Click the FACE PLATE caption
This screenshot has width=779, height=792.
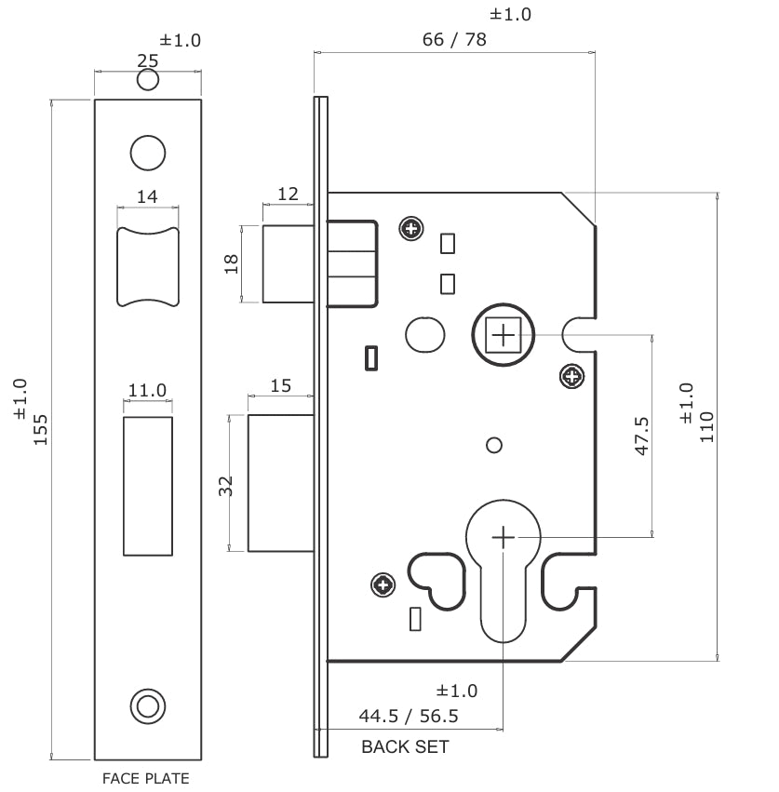point(145,778)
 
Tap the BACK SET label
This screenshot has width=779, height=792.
point(405,746)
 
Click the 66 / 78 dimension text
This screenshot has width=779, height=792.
point(454,39)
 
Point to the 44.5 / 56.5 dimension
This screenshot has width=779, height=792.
point(408,717)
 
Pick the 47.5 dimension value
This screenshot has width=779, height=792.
point(641,436)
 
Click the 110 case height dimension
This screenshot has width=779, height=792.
point(706,425)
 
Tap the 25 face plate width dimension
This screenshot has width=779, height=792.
point(147,60)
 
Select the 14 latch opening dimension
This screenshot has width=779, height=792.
point(147,195)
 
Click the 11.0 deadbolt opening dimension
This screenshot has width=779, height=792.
point(147,390)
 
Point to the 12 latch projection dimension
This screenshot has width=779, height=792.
point(288,194)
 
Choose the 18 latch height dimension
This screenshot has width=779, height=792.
point(232,263)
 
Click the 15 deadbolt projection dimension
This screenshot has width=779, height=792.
point(279,384)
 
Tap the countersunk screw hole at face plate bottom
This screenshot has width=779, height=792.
point(146,705)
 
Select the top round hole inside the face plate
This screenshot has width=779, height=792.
point(147,153)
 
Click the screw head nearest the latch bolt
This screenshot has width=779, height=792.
point(410,228)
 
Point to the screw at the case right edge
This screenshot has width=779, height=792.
point(572,377)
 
